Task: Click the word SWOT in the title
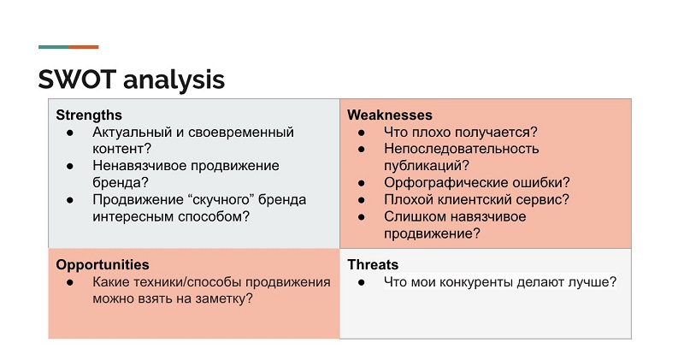[78, 80]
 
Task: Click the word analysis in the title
[174, 80]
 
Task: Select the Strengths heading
[89, 115]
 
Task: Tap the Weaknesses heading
[390, 115]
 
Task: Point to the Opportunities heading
[103, 264]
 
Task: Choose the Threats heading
[373, 264]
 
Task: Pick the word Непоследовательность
[462, 149]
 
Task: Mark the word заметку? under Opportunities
[224, 298]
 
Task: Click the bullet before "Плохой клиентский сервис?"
[362, 199]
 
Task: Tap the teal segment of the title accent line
[53, 46]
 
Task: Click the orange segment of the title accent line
[84, 46]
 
